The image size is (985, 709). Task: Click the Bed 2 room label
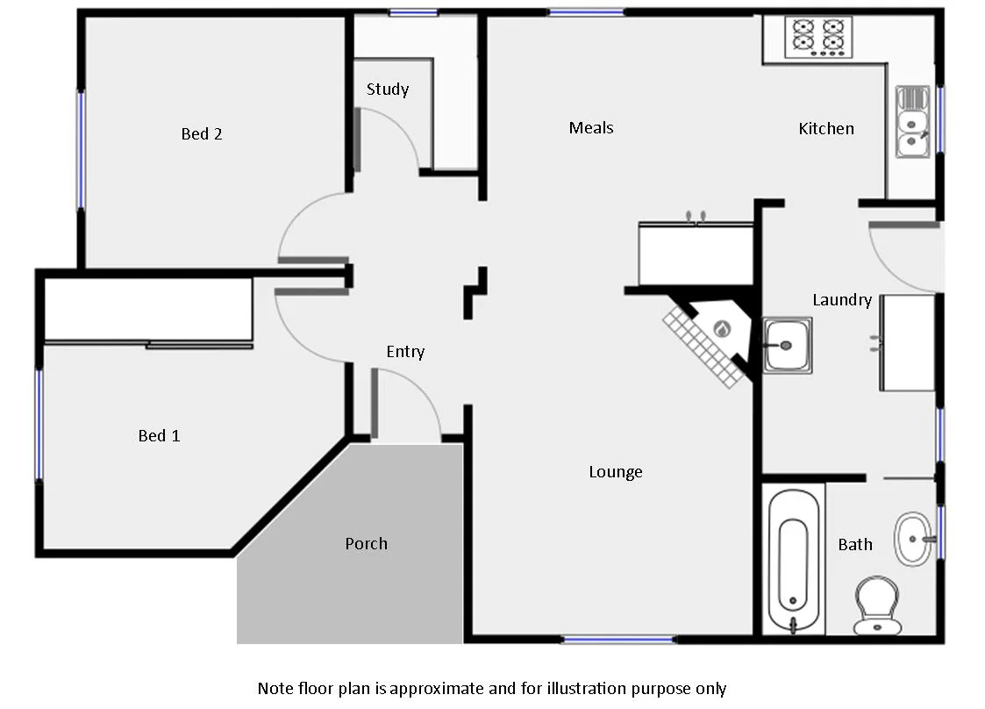point(202,134)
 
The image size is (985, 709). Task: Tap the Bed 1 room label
point(159,436)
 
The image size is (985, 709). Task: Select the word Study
point(388,90)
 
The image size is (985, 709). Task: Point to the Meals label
point(591,128)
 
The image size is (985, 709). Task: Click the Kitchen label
point(826,129)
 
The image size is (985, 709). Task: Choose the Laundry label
point(841,300)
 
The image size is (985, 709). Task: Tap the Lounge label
point(616,472)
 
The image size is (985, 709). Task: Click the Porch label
point(366,544)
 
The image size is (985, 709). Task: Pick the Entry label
point(405,352)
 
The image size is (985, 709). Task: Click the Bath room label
point(855,545)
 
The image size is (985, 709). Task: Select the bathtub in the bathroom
point(793,562)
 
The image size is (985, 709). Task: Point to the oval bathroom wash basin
point(914,537)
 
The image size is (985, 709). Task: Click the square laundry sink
point(787,345)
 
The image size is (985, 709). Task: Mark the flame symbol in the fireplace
point(722,329)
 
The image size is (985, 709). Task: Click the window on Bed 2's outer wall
point(81,149)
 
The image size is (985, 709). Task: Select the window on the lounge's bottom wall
point(618,641)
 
